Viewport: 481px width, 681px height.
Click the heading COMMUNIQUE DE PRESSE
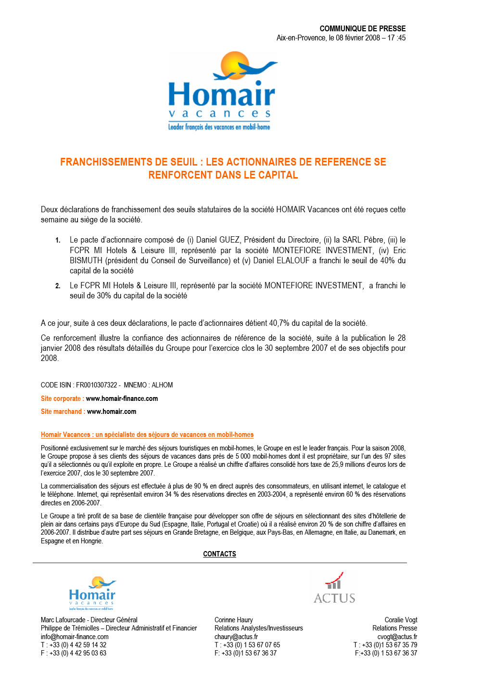pyautogui.click(x=362, y=29)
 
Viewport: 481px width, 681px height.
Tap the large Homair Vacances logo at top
pyautogui.click(x=222, y=91)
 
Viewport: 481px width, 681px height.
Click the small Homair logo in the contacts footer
pyautogui.click(x=92, y=593)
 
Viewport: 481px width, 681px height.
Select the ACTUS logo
pyautogui.click(x=334, y=588)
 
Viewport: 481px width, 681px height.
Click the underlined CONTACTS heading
pyautogui.click(x=219, y=554)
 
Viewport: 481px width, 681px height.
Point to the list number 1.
pyautogui.click(x=58, y=240)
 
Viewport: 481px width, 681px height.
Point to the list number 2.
pyautogui.click(x=58, y=286)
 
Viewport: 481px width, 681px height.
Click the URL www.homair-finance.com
pyautogui.click(x=122, y=398)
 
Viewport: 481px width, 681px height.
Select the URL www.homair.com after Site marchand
pyautogui.click(x=112, y=411)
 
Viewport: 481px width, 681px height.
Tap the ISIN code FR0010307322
pyautogui.click(x=96, y=385)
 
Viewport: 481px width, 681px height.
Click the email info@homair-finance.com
pyautogui.click(x=75, y=637)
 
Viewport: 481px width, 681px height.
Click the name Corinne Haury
pyautogui.click(x=233, y=620)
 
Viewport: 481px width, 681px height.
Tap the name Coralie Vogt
pyautogui.click(x=401, y=620)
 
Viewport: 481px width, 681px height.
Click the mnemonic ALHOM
pyautogui.click(x=162, y=385)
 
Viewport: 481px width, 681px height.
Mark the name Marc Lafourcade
pyautogui.click(x=63, y=620)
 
